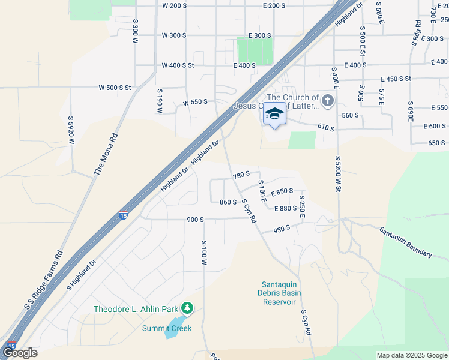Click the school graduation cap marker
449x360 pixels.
[274, 113]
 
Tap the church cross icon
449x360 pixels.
[327, 100]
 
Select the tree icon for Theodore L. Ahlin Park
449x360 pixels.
[188, 308]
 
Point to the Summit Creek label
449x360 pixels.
[167, 328]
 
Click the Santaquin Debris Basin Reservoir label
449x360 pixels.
[282, 293]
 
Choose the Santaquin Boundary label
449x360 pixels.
[405, 242]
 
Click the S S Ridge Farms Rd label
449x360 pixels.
[44, 281]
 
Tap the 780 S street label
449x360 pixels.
[240, 174]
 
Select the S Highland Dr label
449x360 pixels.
[82, 275]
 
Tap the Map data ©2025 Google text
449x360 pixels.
[411, 355]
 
